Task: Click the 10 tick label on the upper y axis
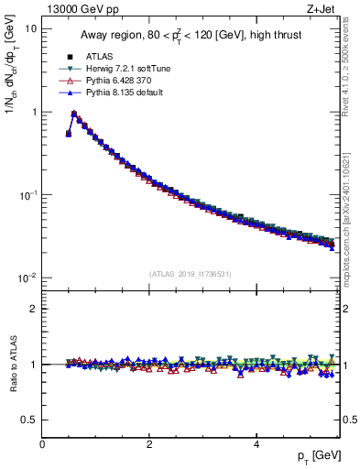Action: click(x=30, y=28)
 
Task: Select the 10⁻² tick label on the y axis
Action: click(x=27, y=278)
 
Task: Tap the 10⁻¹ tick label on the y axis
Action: click(x=27, y=195)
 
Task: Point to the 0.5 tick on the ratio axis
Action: click(x=29, y=420)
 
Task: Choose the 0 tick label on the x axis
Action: click(x=42, y=444)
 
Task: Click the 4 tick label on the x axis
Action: click(x=256, y=444)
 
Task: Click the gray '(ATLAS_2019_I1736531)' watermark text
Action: click(x=191, y=274)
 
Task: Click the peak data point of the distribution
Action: click(x=74, y=115)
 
